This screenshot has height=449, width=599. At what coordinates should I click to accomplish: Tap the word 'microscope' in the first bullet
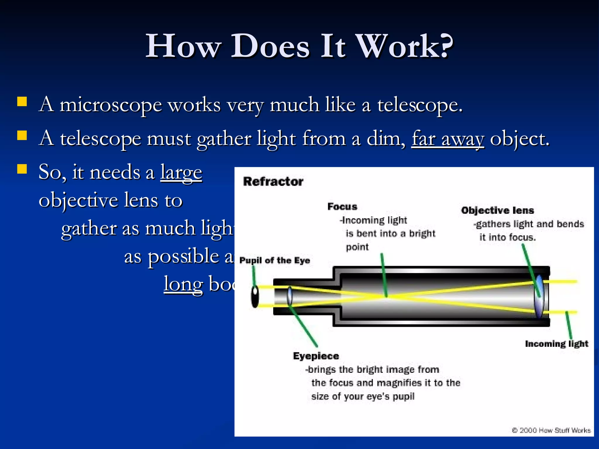pyautogui.click(x=111, y=105)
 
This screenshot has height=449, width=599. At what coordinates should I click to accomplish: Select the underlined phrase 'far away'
pyautogui.click(x=448, y=139)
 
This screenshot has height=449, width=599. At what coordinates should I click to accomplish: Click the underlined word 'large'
pyautogui.click(x=181, y=172)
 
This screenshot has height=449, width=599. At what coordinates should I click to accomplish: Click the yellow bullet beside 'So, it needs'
pyautogui.click(x=22, y=169)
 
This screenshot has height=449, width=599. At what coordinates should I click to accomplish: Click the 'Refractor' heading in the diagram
pyautogui.click(x=273, y=182)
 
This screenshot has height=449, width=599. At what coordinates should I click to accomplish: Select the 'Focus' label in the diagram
pyautogui.click(x=342, y=207)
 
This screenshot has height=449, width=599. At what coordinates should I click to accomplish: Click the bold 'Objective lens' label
pyautogui.click(x=497, y=210)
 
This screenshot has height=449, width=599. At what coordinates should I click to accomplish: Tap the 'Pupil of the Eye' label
pyautogui.click(x=274, y=260)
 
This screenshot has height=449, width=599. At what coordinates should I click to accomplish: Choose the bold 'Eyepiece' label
pyautogui.click(x=316, y=356)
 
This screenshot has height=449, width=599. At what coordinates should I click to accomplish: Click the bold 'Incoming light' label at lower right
pyautogui.click(x=556, y=344)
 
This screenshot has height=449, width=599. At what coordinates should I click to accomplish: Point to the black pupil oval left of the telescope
pyautogui.click(x=255, y=296)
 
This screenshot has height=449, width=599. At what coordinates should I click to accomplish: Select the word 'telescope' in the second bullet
pyautogui.click(x=101, y=139)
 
